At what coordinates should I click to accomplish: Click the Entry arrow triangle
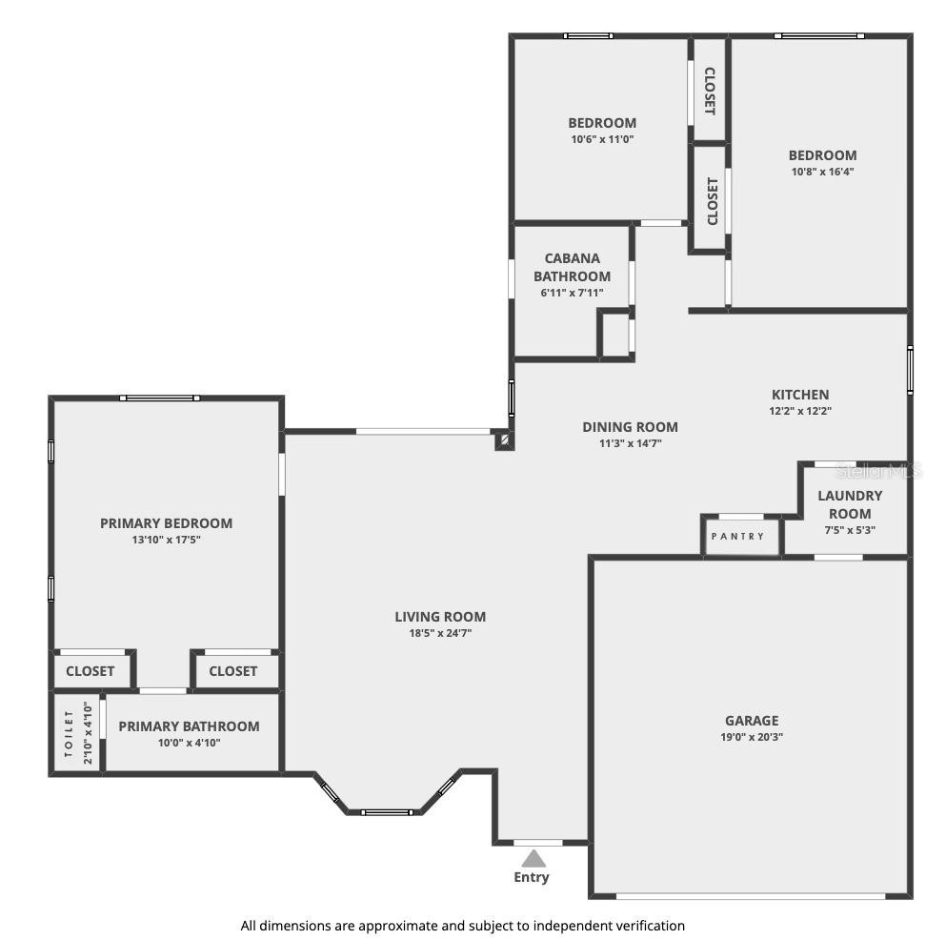pos(533,859)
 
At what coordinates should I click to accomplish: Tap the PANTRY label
pos(737,537)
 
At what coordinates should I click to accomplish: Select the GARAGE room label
pos(752,721)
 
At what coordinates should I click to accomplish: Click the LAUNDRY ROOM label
pos(850,504)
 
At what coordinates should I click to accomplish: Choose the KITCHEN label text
pos(800,395)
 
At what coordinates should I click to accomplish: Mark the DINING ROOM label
pos(631,427)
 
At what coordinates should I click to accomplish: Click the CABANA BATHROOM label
pos(572,267)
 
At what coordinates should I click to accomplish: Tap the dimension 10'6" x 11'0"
pos(602,139)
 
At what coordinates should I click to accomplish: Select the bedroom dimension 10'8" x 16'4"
pos(822,172)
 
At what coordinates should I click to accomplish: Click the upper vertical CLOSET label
pos(710,91)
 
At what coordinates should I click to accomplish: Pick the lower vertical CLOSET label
pos(713,201)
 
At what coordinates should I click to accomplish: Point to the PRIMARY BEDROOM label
pos(167,523)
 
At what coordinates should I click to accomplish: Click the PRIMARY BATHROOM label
pos(189,726)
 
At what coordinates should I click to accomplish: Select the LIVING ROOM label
pos(440,617)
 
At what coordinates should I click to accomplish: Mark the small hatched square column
pos(504,440)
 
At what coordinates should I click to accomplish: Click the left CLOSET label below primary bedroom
pos(91,671)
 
